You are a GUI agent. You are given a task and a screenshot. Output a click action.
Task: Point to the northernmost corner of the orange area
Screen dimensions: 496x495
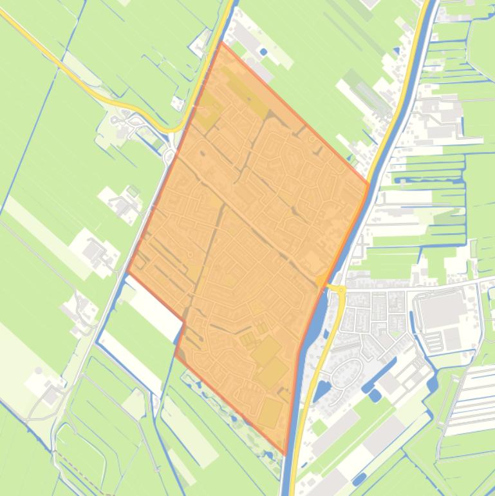[x=221, y=43]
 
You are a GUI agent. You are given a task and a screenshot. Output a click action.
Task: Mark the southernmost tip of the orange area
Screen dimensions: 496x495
[x=285, y=455]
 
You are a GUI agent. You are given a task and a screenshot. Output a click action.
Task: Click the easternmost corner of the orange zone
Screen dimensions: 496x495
[x=369, y=185]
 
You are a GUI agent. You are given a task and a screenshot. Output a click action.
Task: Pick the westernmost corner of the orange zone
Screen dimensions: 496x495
[x=127, y=272]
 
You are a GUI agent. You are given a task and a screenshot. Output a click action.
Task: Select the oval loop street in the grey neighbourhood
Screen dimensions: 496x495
[x=348, y=373]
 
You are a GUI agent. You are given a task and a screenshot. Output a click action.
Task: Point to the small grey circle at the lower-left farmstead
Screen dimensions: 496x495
[x=39, y=371]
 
